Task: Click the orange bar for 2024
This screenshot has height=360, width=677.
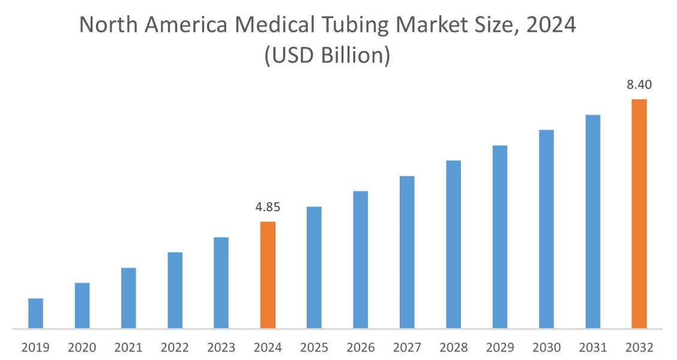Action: click(x=268, y=275)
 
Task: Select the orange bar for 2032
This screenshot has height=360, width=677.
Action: click(x=639, y=214)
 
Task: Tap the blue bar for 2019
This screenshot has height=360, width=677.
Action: click(x=35, y=313)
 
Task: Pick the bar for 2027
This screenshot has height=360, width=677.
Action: click(x=407, y=252)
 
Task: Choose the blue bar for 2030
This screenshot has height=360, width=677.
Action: click(x=546, y=229)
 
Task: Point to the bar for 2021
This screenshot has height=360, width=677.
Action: click(x=128, y=298)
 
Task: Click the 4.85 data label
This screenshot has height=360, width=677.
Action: click(x=268, y=208)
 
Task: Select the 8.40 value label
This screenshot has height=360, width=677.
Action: click(x=639, y=85)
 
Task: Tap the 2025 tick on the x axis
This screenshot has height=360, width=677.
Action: click(x=314, y=347)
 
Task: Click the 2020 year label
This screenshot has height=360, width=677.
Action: click(x=82, y=347)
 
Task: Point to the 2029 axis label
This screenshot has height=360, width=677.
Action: click(x=500, y=347)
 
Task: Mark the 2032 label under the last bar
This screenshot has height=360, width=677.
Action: click(x=639, y=347)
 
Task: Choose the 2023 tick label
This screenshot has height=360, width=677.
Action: click(x=221, y=347)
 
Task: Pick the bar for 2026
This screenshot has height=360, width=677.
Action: click(x=361, y=260)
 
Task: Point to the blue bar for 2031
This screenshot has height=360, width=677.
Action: click(x=593, y=221)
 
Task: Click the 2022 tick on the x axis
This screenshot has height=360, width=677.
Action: click(x=175, y=347)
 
